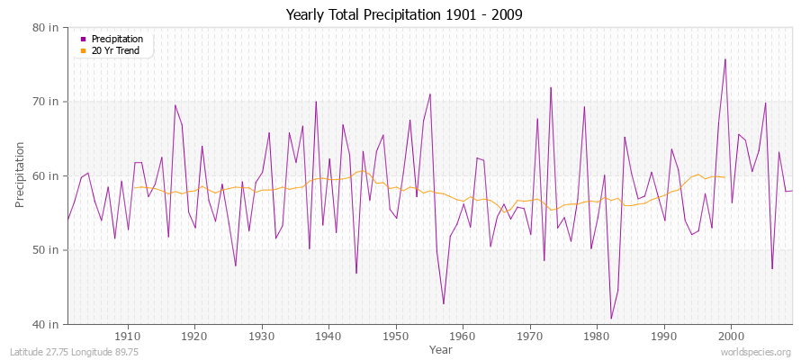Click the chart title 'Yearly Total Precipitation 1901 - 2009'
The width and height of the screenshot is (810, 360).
coord(404,15)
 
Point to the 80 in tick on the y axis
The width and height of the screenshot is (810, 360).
coord(47,27)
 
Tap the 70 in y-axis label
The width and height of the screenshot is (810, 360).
coord(47,102)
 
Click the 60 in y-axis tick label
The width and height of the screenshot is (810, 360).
coord(47,175)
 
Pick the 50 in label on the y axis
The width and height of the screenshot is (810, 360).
coord(47,249)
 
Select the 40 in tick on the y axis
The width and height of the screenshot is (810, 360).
coord(47,324)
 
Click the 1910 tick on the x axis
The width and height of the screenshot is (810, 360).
coord(128,336)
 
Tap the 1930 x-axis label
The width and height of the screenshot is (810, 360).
coord(262,336)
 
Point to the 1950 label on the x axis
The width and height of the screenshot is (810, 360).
coord(396,336)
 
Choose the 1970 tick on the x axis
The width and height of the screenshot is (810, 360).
coord(530,336)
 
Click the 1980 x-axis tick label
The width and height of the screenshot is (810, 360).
coord(597,336)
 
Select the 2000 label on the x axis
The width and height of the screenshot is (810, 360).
coord(731,336)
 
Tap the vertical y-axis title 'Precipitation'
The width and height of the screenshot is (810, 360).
coord(21,175)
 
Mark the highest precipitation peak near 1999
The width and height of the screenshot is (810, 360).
coord(724,59)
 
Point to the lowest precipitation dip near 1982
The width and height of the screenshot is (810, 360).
coord(611,319)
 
